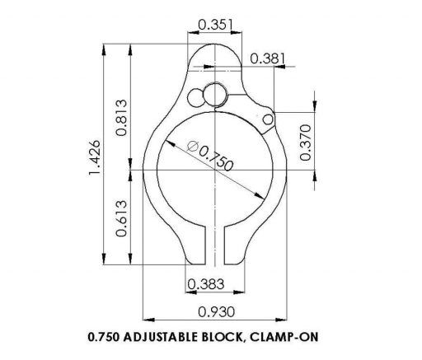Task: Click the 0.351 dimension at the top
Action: (216, 26)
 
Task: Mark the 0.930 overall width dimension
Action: (216, 311)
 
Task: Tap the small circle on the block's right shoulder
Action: (267, 120)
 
